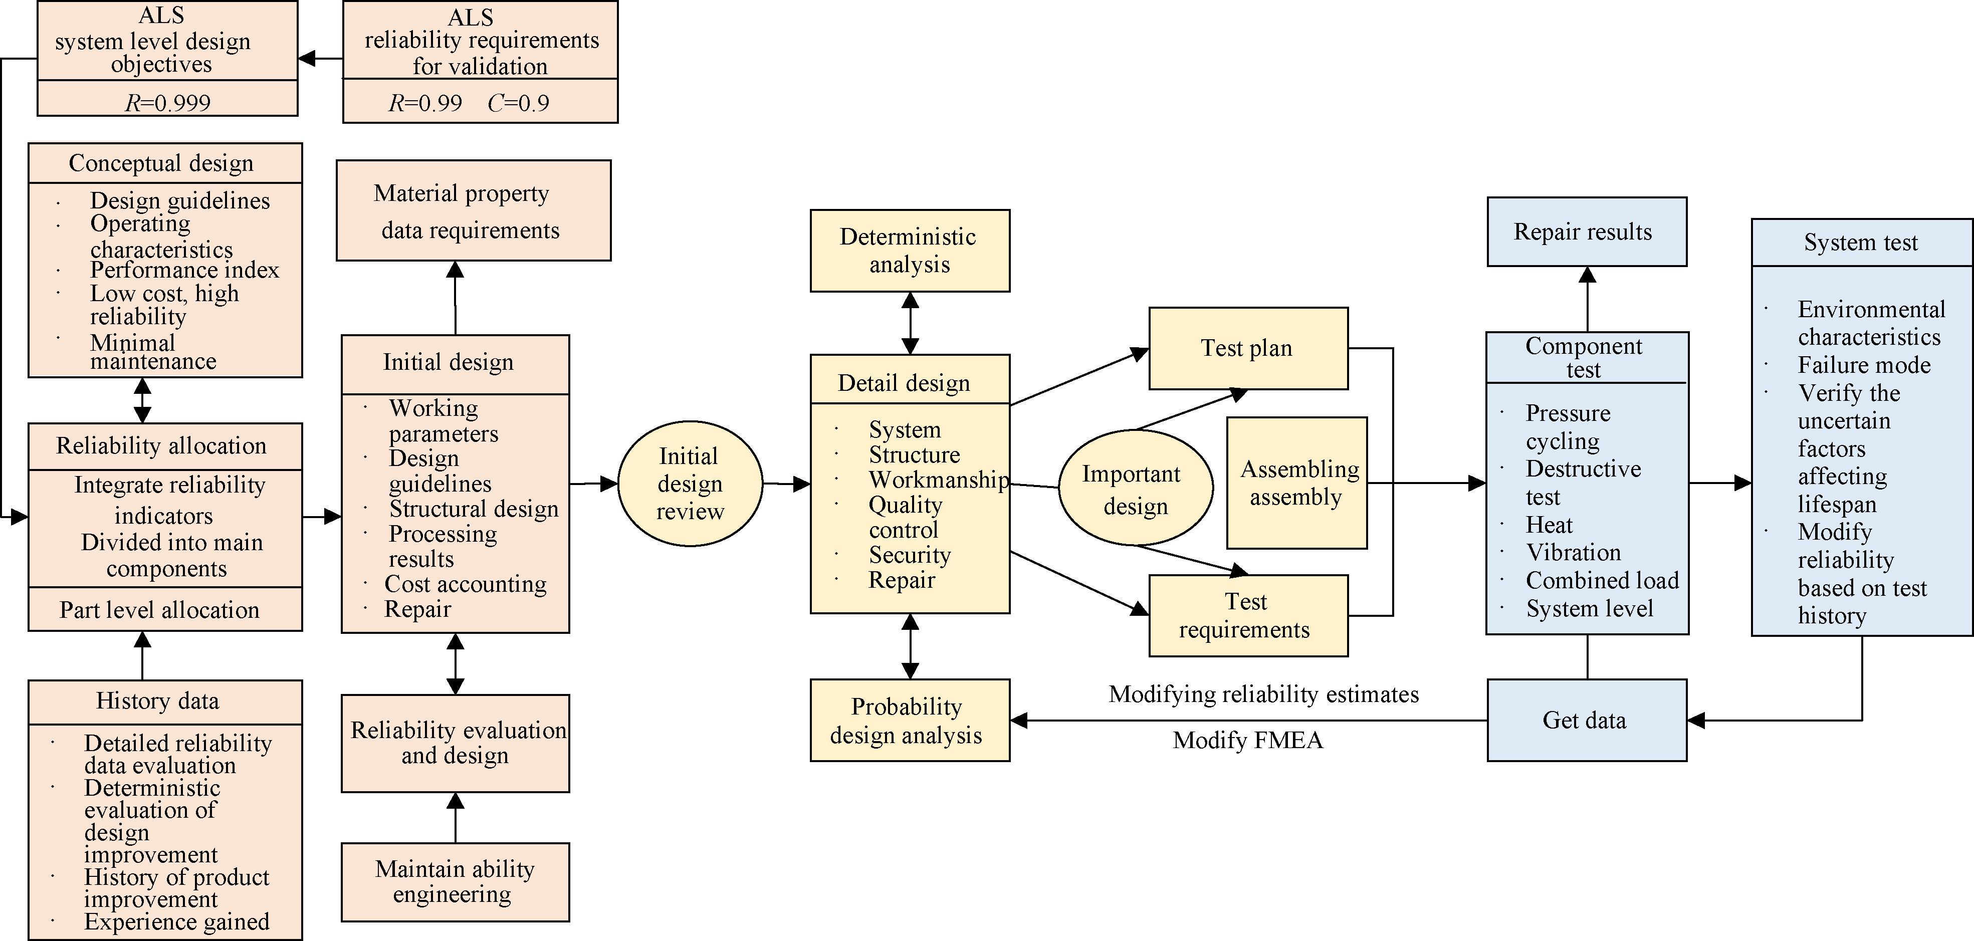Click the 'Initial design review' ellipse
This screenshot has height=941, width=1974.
pos(690,484)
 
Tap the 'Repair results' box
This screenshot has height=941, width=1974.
pos(1586,232)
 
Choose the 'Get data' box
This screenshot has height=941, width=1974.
pos(1586,721)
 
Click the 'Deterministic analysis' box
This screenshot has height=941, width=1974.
pos(910,251)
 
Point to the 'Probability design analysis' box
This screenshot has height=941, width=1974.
pos(910,721)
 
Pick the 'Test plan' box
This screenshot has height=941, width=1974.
pos(1247,349)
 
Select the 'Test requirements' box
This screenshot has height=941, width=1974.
pos(1247,615)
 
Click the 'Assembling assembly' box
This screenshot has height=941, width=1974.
pos(1296,483)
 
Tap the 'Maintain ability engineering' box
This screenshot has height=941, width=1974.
pos(455,882)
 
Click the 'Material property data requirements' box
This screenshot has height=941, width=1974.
pos(473,211)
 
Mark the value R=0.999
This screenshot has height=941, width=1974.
pos(168,103)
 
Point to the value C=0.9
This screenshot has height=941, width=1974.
pos(519,103)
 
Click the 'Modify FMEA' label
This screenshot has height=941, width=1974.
pos(1247,740)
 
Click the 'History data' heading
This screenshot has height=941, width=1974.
pos(158,701)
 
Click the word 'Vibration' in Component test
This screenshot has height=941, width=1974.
pos(1573,553)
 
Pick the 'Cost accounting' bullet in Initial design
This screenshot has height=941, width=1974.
pos(465,584)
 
